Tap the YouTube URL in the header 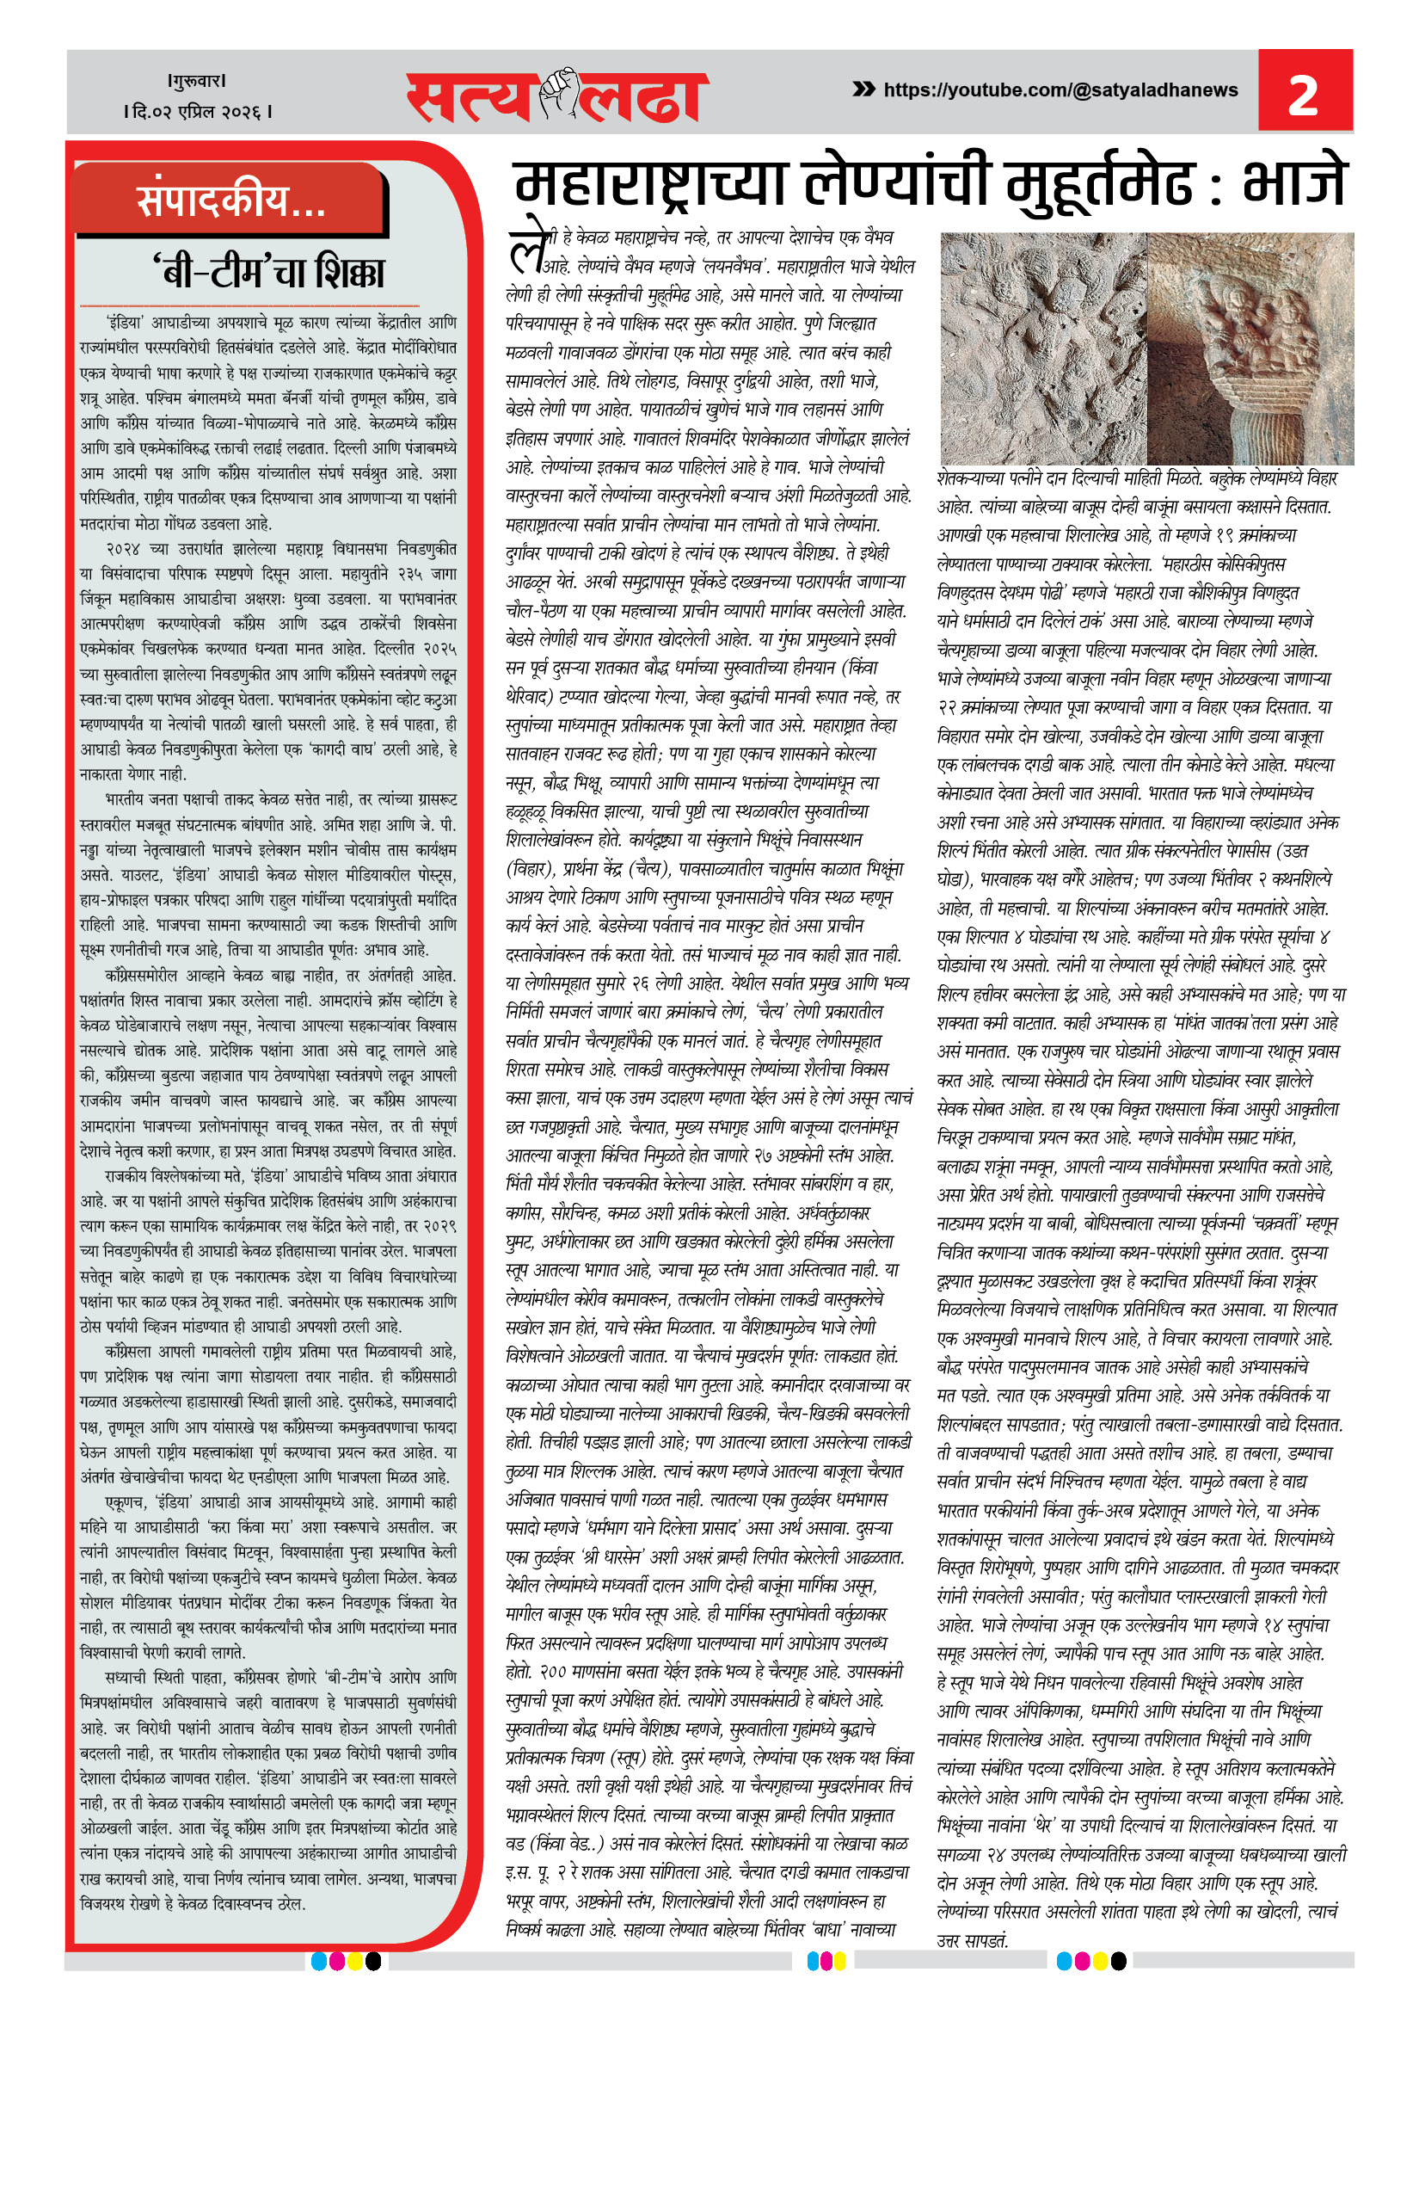(1060, 90)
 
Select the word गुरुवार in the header (197, 81)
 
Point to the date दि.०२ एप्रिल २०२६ (197, 112)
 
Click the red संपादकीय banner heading (230, 200)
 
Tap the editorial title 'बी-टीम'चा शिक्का (268, 272)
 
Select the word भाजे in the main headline (1294, 182)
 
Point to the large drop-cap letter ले (528, 247)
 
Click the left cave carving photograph (1043, 348)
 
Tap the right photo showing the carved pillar (1250, 348)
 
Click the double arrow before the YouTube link (863, 89)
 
